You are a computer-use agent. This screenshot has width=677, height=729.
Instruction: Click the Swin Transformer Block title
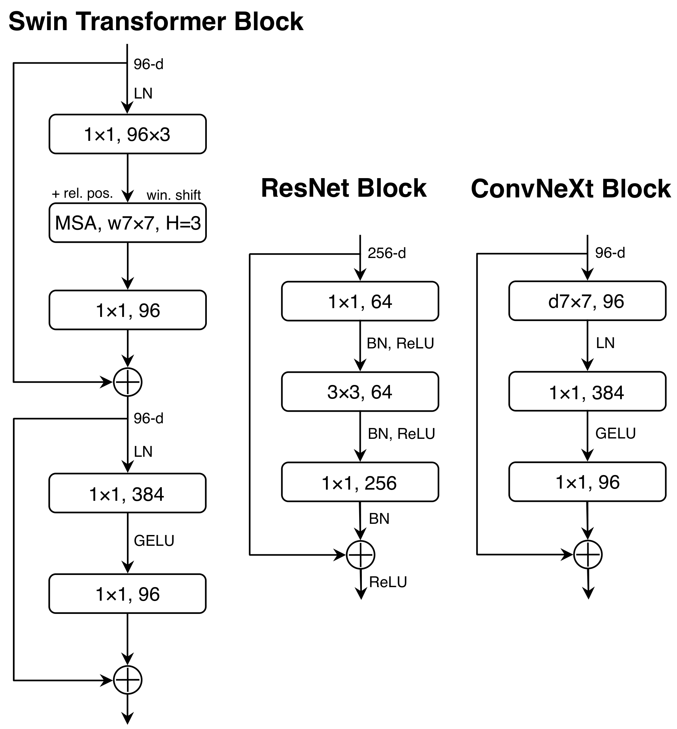tap(156, 22)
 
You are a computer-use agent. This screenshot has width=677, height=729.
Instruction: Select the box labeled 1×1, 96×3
tap(128, 134)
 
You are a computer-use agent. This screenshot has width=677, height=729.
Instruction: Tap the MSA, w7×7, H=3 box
tap(128, 223)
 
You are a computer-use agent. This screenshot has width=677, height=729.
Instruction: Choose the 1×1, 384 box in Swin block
tap(128, 493)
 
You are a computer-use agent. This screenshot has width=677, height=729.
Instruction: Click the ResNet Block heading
tap(344, 188)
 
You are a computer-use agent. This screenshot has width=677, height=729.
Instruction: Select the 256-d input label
tap(387, 253)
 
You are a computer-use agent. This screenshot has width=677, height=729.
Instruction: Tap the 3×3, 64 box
tap(360, 392)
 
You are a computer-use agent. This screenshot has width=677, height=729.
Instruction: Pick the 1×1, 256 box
tap(360, 483)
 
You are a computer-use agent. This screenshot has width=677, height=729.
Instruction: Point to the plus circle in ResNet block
tap(361, 555)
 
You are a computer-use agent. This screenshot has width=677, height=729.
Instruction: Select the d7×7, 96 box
tap(587, 301)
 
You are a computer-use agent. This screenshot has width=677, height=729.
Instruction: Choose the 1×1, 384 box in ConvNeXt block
tap(587, 392)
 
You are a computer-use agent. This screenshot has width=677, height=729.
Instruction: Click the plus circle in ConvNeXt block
tap(588, 555)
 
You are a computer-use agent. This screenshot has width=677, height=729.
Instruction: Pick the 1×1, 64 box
tap(360, 301)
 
